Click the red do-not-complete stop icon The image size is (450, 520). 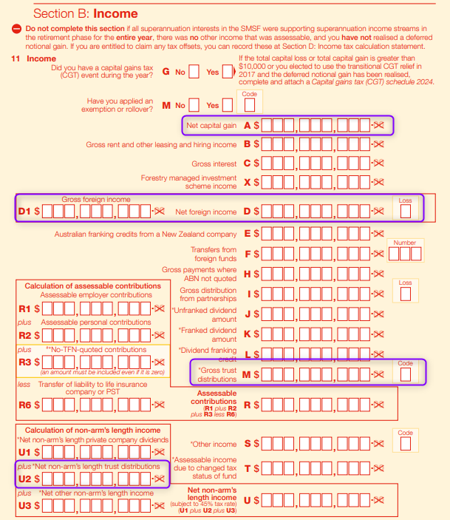click(16, 29)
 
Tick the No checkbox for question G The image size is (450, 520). click(194, 72)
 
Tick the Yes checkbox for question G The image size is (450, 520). click(228, 72)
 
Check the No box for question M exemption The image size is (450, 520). click(194, 105)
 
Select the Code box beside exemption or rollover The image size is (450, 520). click(250, 106)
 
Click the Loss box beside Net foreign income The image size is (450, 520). click(405, 212)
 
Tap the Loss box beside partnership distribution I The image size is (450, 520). click(405, 294)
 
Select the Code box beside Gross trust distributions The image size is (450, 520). click(405, 375)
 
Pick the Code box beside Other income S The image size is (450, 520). click(405, 444)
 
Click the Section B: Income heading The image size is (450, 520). click(86, 13)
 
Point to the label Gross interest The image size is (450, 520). click(214, 163)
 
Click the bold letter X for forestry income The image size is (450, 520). click(248, 183)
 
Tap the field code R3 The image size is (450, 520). click(25, 362)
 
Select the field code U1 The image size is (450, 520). click(25, 453)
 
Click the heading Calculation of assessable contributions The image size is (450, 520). click(93, 286)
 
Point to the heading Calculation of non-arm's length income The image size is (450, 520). click(93, 430)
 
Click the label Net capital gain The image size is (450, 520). click(211, 126)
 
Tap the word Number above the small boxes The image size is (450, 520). click(405, 243)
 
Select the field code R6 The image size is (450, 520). click(25, 405)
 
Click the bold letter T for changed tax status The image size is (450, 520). click(248, 469)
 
